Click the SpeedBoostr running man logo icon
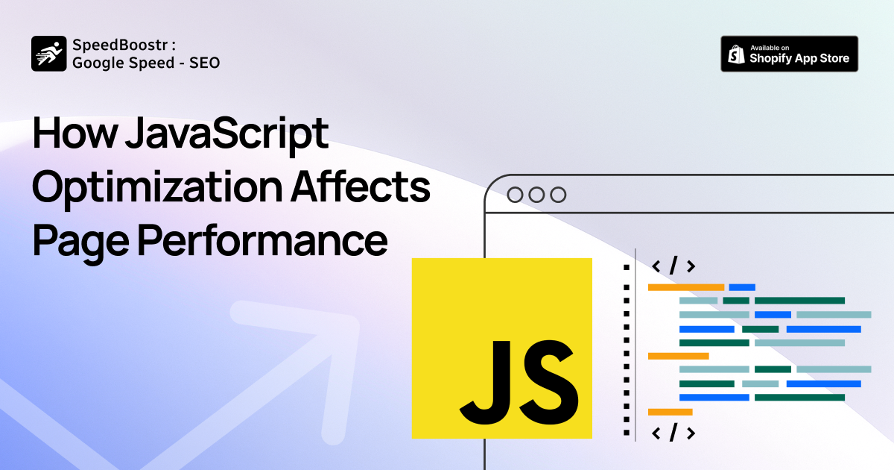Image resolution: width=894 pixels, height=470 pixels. [49, 54]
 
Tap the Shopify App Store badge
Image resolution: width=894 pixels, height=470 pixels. [789, 54]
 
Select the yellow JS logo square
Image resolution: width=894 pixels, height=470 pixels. [501, 348]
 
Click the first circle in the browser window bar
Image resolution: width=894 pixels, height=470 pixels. [515, 195]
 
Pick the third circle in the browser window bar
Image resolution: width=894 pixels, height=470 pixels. [558, 195]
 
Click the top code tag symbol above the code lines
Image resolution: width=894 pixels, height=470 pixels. [673, 266]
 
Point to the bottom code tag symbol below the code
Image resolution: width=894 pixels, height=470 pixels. [673, 432]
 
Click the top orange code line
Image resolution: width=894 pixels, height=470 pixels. [685, 287]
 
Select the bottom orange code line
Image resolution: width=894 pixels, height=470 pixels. [670, 412]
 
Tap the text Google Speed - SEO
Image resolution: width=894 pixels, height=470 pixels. [146, 63]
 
